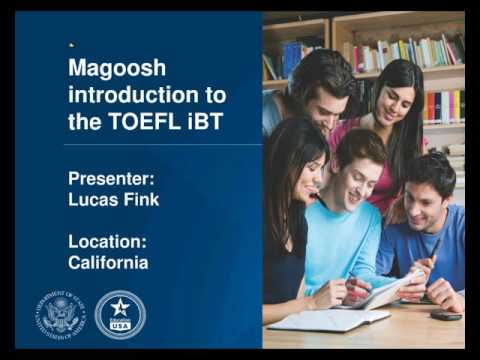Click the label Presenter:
pyautogui.click(x=110, y=179)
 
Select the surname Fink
pyautogui.click(x=143, y=199)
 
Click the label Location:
pyautogui.click(x=108, y=242)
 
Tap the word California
pyautogui.click(x=108, y=262)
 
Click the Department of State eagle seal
pyautogui.click(x=62, y=314)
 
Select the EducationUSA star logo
pyautogui.click(x=120, y=314)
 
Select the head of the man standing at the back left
pyautogui.click(x=321, y=90)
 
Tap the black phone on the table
pyautogui.click(x=445, y=315)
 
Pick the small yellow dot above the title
pyautogui.click(x=71, y=45)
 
